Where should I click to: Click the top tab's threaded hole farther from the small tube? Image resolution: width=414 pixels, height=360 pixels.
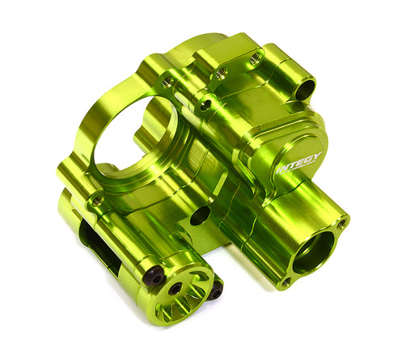(220, 72)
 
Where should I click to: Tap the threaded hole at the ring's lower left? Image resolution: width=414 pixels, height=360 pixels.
(97, 200)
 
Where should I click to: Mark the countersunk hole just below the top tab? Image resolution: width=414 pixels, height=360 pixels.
(207, 103)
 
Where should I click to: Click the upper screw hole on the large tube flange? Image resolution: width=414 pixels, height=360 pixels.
(342, 222)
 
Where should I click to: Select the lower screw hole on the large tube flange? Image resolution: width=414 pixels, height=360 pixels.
(285, 282)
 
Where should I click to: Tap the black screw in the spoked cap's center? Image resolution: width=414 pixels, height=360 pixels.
(175, 289)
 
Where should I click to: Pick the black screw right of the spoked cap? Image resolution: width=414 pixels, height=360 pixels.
(215, 290)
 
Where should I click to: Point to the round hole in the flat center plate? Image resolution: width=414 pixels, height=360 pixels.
(200, 214)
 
